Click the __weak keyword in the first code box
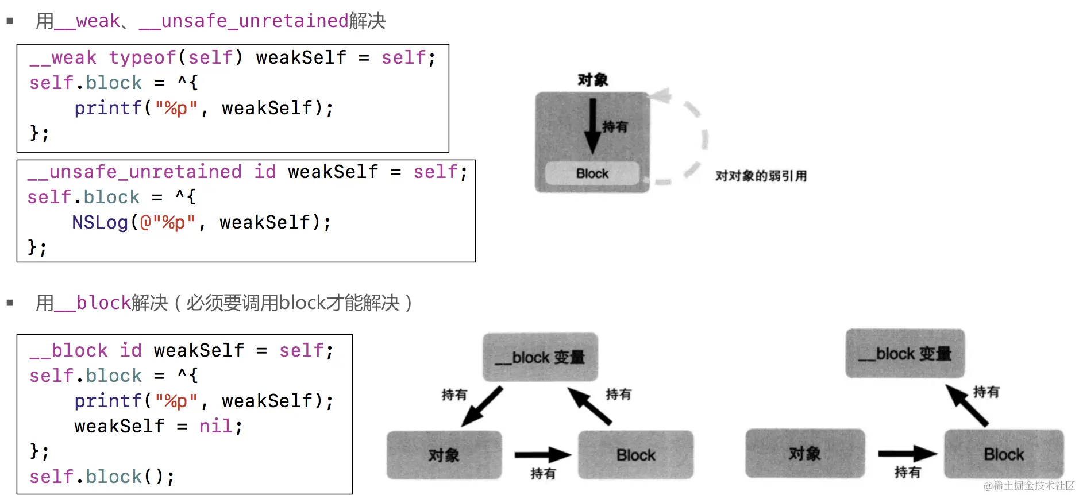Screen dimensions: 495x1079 tap(63, 58)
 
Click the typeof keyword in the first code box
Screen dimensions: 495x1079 tap(142, 58)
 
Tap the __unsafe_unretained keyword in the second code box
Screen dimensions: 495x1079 tap(134, 172)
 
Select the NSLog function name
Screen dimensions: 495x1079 tap(100, 223)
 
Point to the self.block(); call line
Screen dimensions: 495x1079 tap(102, 477)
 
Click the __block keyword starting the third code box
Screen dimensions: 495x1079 tap(68, 350)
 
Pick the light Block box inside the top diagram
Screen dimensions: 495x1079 tap(592, 173)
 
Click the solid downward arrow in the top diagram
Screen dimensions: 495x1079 tap(592, 126)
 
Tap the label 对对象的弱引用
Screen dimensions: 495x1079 tap(761, 176)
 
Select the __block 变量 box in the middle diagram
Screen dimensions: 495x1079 tap(540, 357)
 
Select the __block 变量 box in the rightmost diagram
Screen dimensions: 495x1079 tap(905, 354)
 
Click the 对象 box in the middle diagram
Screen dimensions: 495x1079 tap(444, 455)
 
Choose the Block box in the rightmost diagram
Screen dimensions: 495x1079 tap(1004, 454)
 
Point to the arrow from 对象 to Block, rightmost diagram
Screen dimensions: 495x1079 tap(907, 454)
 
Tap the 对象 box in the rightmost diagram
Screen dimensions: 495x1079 tap(804, 454)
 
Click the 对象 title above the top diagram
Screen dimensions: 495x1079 tap(592, 80)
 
